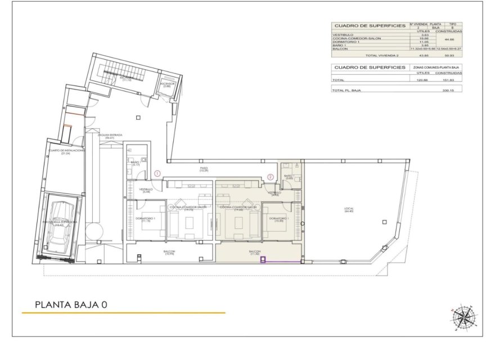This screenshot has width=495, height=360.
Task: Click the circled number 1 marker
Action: [158, 173]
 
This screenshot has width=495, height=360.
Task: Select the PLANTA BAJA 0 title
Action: [71, 305]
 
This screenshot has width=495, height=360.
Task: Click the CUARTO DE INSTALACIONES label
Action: [66, 151]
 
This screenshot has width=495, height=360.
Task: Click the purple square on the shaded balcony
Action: [263, 260]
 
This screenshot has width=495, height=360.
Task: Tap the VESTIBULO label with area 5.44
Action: [146, 191]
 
